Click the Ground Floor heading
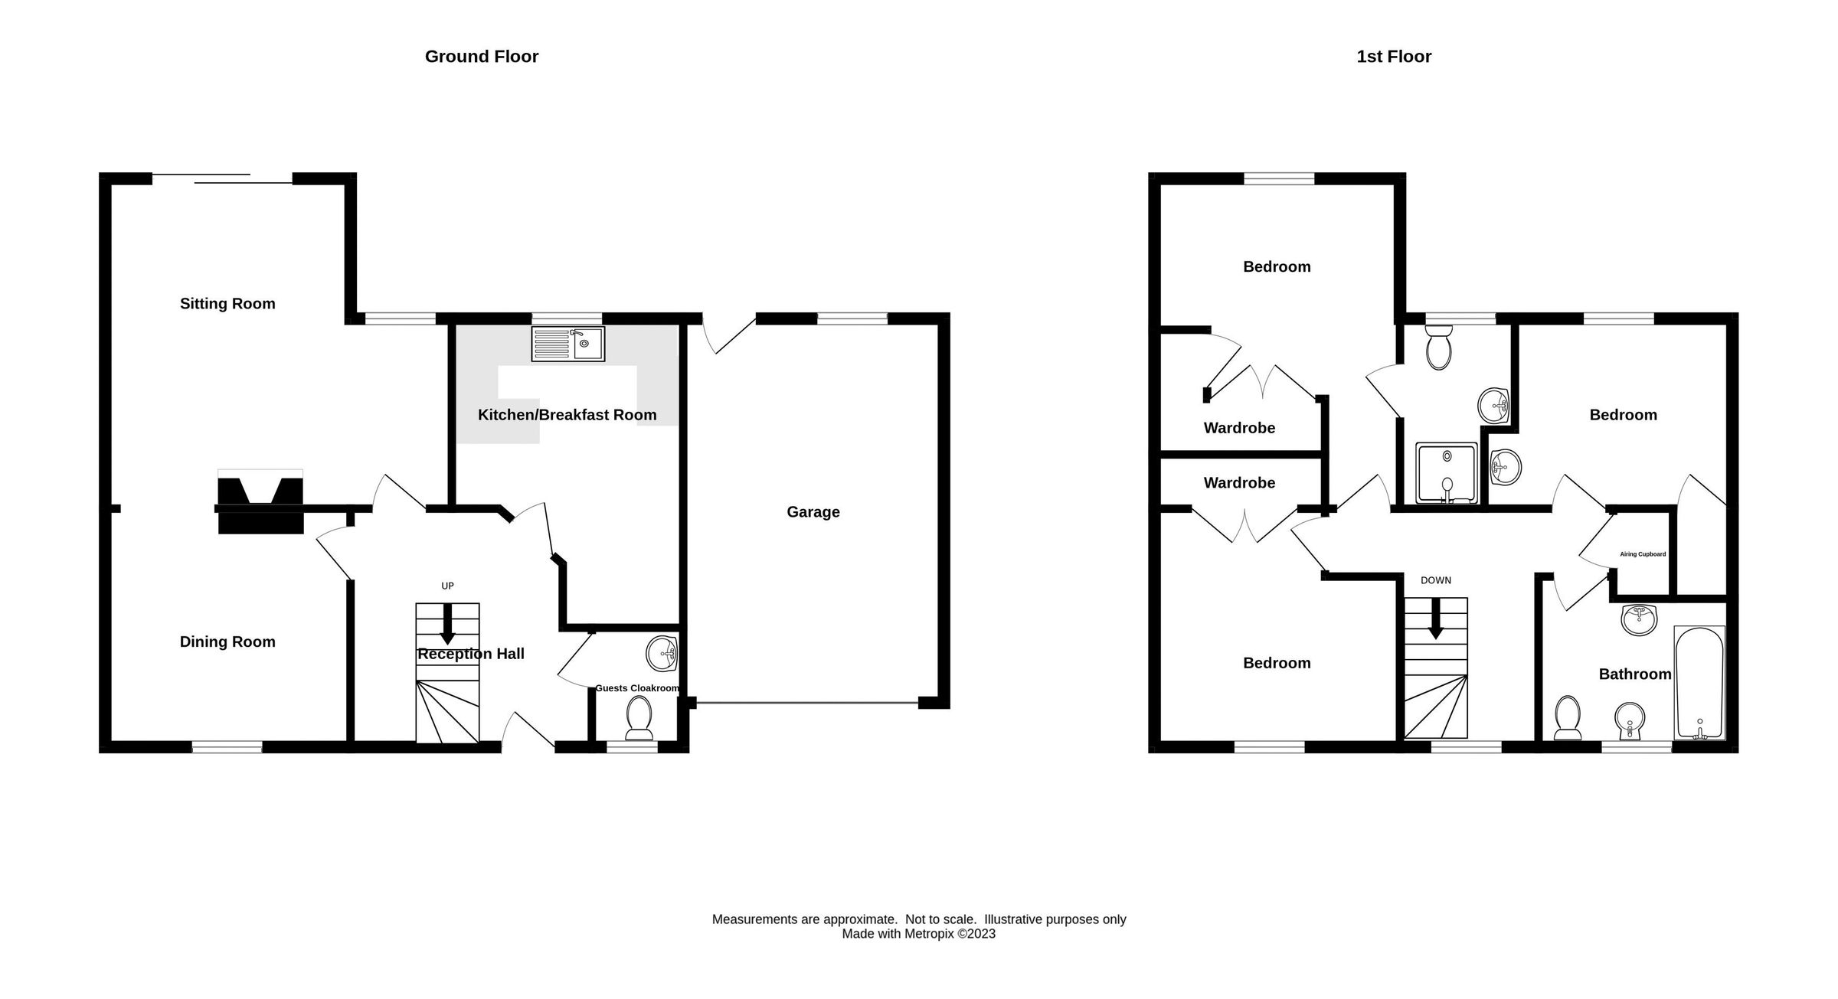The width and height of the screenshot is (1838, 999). pyautogui.click(x=481, y=57)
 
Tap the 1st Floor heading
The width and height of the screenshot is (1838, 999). pyautogui.click(x=1393, y=57)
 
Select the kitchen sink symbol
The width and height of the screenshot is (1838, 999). pyautogui.click(x=567, y=344)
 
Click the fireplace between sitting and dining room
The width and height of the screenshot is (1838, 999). pyautogui.click(x=260, y=501)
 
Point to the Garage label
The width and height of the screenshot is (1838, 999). pyautogui.click(x=813, y=512)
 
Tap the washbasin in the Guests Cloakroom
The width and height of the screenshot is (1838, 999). pyautogui.click(x=662, y=653)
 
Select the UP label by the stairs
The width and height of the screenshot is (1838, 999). pyautogui.click(x=447, y=586)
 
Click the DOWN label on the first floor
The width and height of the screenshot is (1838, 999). pyautogui.click(x=1435, y=580)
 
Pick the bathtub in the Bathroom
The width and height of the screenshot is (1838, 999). pyautogui.click(x=1699, y=682)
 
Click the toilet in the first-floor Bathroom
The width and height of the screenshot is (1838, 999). pyautogui.click(x=1567, y=718)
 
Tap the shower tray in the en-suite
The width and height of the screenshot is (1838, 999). pyautogui.click(x=1446, y=472)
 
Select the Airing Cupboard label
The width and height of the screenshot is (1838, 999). pyautogui.click(x=1642, y=554)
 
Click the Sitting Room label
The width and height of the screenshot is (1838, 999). pyautogui.click(x=227, y=304)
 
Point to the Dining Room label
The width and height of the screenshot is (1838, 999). pyautogui.click(x=227, y=642)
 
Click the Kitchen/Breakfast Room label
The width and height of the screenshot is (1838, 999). pyautogui.click(x=567, y=415)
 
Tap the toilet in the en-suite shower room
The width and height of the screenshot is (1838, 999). pyautogui.click(x=1439, y=348)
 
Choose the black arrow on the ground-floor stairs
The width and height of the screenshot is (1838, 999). pyautogui.click(x=447, y=624)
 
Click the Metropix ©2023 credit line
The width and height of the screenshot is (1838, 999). pyautogui.click(x=918, y=934)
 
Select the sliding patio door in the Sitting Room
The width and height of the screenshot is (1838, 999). pyautogui.click(x=222, y=179)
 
